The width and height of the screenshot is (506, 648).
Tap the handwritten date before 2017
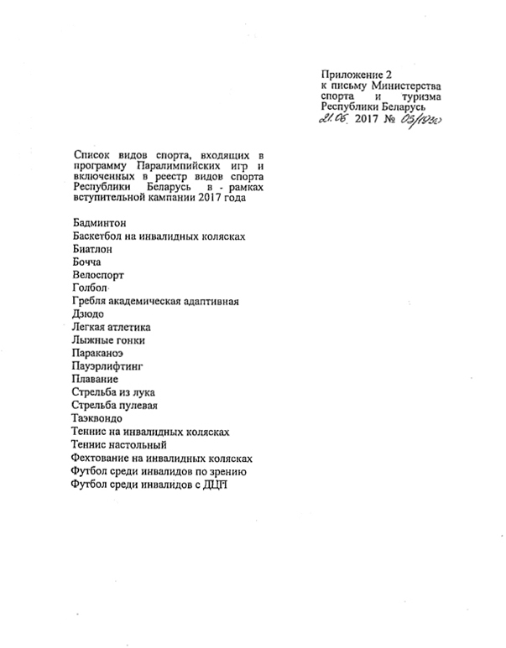336,121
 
